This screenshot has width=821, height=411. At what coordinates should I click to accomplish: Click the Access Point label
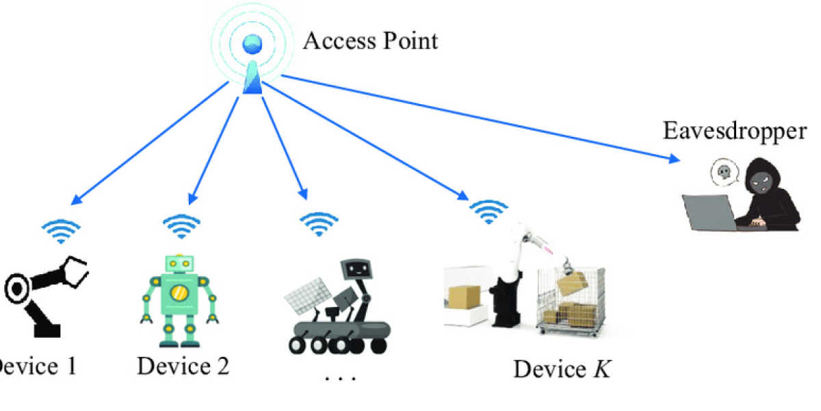[370, 40]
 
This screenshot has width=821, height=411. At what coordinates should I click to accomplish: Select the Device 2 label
[183, 366]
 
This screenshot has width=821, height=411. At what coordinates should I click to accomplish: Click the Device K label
[562, 370]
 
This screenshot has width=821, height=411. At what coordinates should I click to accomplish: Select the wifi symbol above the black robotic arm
[62, 232]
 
